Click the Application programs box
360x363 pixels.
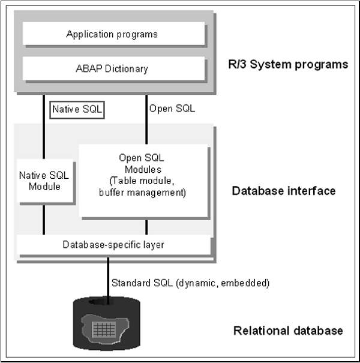[112, 34]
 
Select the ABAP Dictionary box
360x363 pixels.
[112, 68]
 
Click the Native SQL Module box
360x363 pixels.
[44, 181]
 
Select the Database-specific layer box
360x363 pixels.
[113, 245]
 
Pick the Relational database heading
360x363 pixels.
[287, 331]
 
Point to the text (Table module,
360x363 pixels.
[144, 184]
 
